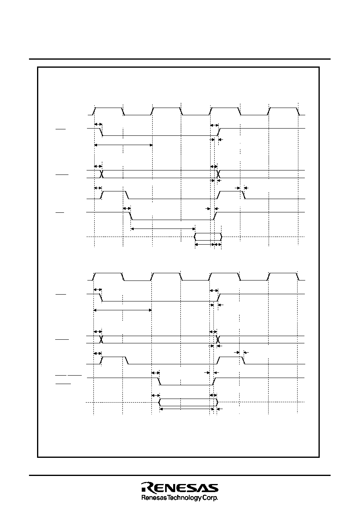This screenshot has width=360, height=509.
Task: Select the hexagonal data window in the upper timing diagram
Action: pos(208,237)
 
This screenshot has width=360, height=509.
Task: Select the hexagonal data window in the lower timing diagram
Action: pos(188,402)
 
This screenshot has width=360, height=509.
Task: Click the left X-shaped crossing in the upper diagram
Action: pos(102,174)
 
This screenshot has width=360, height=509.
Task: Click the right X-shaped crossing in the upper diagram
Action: pos(218,174)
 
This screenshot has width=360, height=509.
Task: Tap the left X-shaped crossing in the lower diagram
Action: pos(102,339)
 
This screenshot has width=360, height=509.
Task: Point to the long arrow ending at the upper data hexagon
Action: pos(163,229)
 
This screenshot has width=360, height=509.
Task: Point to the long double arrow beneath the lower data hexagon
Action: pos(187,409)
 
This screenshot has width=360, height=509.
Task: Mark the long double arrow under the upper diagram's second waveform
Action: pos(123,145)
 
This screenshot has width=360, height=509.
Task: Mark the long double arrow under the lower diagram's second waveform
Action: pos(122,310)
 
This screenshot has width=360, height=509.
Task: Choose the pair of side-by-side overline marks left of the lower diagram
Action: pos(68,375)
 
